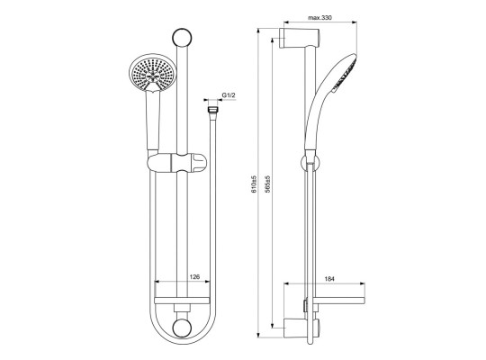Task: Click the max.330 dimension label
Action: tap(319, 18)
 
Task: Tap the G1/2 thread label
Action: tap(229, 95)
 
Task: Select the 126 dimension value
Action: tap(194, 276)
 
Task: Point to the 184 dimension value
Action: tap(329, 279)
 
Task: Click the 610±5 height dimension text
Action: tap(254, 184)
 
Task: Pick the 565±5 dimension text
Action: tap(268, 184)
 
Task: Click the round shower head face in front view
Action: tap(152, 73)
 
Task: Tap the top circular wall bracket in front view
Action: tap(182, 38)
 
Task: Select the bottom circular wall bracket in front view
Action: tap(182, 328)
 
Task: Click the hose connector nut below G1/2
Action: tap(212, 110)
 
